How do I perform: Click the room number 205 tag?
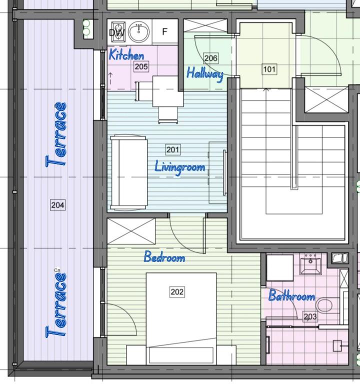point(141,66)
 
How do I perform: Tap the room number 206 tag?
point(211,58)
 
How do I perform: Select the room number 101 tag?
point(269,69)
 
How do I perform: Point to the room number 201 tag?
point(173,149)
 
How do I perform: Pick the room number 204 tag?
point(58,204)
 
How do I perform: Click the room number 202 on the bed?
point(177,291)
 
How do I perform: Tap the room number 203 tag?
point(310,316)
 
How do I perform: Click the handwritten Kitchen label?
point(126,54)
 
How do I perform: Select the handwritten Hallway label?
point(205,73)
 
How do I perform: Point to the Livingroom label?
point(180,167)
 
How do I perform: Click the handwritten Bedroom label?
point(164,257)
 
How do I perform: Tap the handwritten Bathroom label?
point(291,295)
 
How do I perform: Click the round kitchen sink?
point(139,32)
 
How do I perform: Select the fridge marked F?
point(165,32)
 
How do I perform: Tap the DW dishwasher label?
point(116,32)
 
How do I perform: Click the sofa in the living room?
point(129,172)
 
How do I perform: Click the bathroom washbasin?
point(310,264)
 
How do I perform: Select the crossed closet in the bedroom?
point(131,231)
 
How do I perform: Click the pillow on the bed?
point(181,355)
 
